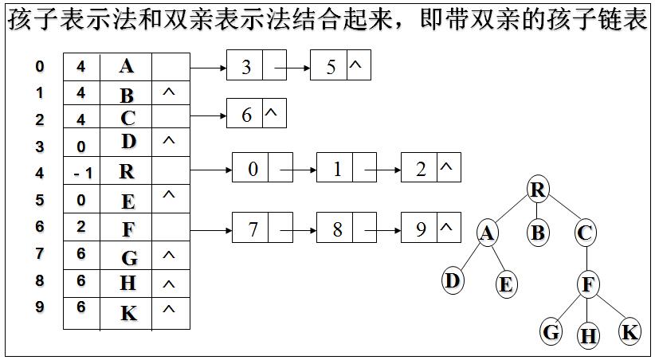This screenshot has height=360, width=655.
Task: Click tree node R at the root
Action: (x=539, y=190)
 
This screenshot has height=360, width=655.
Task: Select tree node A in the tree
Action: (x=488, y=233)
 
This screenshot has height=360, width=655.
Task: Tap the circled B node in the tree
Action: (x=538, y=233)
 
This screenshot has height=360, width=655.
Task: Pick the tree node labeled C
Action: (x=586, y=233)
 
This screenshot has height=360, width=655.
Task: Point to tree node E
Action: (x=506, y=284)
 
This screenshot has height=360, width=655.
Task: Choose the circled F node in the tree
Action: (x=588, y=284)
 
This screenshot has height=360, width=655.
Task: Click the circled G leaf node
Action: (x=551, y=331)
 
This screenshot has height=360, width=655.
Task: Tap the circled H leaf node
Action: (x=588, y=335)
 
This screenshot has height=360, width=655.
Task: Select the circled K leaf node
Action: (x=630, y=331)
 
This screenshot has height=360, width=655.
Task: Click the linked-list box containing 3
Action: (x=245, y=67)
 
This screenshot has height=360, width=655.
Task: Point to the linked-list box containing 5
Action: (x=330, y=67)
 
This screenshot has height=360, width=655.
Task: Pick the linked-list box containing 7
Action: (x=252, y=229)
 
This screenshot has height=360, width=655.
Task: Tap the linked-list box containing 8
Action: (x=336, y=229)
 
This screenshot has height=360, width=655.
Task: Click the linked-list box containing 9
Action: (x=421, y=229)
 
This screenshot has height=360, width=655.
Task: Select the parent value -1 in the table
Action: (x=80, y=172)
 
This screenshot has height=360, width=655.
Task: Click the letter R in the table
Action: (x=127, y=171)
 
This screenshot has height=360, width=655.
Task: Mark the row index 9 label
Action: (x=40, y=308)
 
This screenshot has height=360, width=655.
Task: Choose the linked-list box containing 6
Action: (x=245, y=115)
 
